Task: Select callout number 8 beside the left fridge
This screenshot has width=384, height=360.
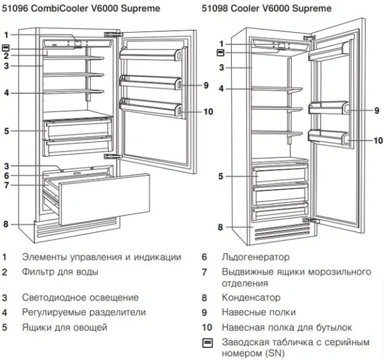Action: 5,224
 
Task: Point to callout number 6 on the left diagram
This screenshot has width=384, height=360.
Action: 5,175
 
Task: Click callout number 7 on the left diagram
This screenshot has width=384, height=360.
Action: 5,185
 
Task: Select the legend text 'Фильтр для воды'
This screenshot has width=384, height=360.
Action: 60,272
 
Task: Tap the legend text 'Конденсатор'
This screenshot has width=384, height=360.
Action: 251,298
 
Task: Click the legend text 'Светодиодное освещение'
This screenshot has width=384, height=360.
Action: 80,298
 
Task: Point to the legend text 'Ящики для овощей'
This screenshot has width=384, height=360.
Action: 64,327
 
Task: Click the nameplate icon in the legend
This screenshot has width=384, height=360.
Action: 206,343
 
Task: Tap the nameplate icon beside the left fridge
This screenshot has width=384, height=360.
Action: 5,47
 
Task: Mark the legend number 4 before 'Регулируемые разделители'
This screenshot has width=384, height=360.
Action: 5,313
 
